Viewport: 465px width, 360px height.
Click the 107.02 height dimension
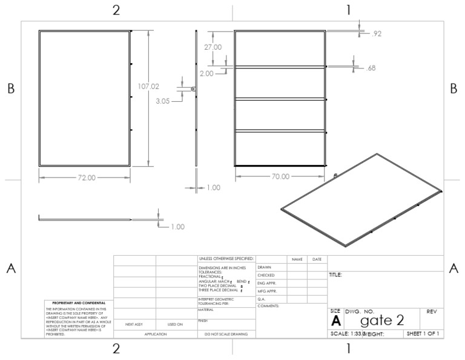point(149,87)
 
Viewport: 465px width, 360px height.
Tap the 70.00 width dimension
point(280,177)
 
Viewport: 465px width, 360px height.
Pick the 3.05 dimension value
point(162,101)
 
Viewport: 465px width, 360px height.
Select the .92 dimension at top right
point(376,34)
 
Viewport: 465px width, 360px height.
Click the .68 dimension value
point(371,68)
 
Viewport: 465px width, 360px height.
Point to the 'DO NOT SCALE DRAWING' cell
point(226,333)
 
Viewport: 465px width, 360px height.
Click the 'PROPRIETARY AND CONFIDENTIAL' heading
point(75,303)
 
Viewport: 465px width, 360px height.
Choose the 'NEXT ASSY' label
point(134,324)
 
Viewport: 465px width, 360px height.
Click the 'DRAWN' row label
point(264,267)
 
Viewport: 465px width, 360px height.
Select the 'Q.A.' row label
point(262,299)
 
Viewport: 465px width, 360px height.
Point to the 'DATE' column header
point(317,259)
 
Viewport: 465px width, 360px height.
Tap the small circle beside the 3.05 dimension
point(193,89)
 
